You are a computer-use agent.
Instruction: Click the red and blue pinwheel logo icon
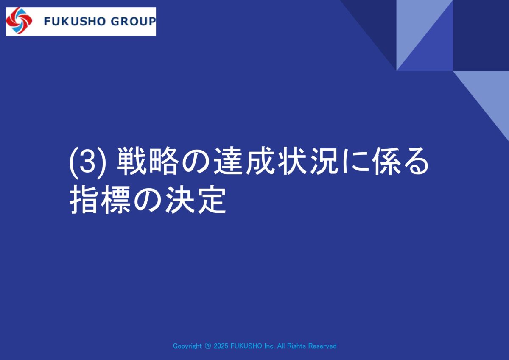tap(19, 21)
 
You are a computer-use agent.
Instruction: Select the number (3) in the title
tap(87, 163)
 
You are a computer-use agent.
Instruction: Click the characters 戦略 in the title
tap(147, 162)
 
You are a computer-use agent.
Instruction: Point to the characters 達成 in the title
tap(243, 162)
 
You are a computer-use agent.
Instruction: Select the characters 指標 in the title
tap(100, 200)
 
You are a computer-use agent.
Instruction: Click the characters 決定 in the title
tap(196, 200)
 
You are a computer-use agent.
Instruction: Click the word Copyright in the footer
tap(187, 346)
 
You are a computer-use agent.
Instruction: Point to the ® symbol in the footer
tap(208, 346)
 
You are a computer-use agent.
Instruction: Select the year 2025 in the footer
tap(221, 346)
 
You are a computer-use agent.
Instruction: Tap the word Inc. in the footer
tap(269, 346)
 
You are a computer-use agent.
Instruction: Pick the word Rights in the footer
tap(296, 346)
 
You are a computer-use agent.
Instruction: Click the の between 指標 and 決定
tap(148, 200)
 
